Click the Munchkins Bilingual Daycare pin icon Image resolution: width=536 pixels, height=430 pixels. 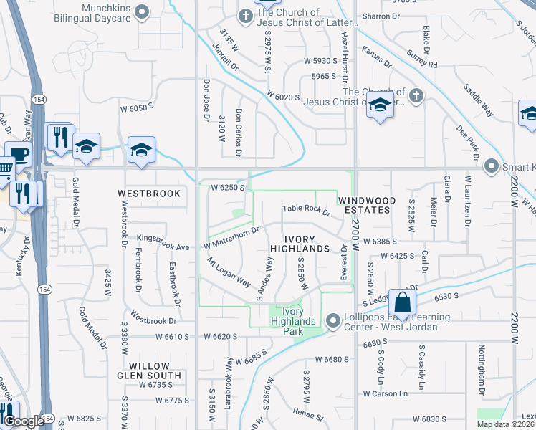pyautogui.click(x=143, y=11)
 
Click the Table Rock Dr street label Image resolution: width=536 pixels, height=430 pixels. pyautogui.click(x=306, y=209)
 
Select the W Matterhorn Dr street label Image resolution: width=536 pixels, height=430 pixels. pyautogui.click(x=231, y=238)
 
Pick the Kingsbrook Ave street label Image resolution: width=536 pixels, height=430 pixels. pyautogui.click(x=163, y=242)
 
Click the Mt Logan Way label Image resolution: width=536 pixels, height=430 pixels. pyautogui.click(x=229, y=272)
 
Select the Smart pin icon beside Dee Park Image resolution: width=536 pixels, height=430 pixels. pyautogui.click(x=492, y=166)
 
